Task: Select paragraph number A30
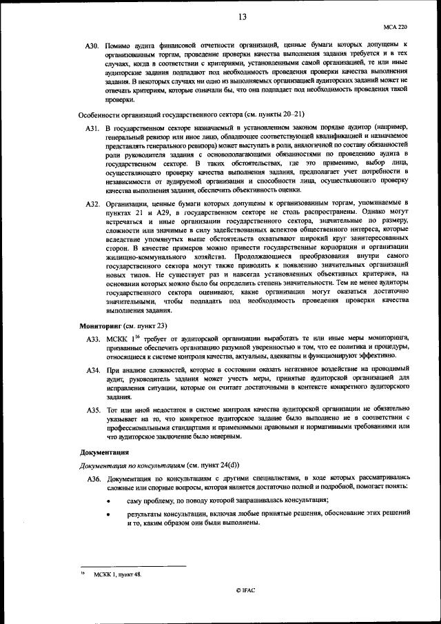click(x=93, y=46)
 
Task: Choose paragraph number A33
click(x=93, y=339)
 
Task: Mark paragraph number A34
click(x=93, y=371)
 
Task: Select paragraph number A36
click(x=93, y=478)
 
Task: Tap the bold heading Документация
click(x=104, y=453)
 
